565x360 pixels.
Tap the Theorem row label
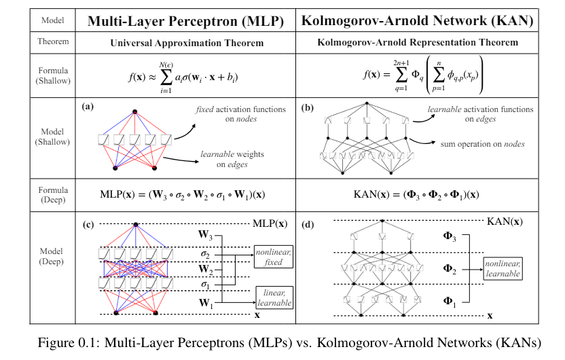(x=54, y=41)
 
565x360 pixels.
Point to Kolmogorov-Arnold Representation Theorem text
(x=418, y=42)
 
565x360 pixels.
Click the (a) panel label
(x=87, y=106)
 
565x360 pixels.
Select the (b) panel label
(x=306, y=106)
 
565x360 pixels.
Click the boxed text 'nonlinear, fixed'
(x=273, y=258)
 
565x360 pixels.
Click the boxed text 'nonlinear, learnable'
(x=503, y=268)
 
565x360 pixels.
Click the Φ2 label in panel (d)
(x=450, y=268)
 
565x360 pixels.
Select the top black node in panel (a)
(x=135, y=111)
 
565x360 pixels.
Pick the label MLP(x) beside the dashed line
(x=270, y=223)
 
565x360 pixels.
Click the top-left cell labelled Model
(x=54, y=20)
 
